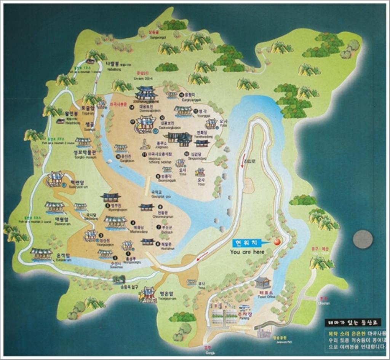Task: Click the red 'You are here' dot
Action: coord(277,241)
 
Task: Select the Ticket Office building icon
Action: coord(262,282)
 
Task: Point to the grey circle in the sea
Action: coord(362,239)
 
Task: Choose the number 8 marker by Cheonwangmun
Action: coord(160,207)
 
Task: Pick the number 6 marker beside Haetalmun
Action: coord(157,244)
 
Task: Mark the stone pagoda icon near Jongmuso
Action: coord(145,144)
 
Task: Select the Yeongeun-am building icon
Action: coord(147,295)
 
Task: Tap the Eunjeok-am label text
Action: coord(63,257)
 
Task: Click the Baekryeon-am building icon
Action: coord(55,178)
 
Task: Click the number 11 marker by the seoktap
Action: coord(144,155)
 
